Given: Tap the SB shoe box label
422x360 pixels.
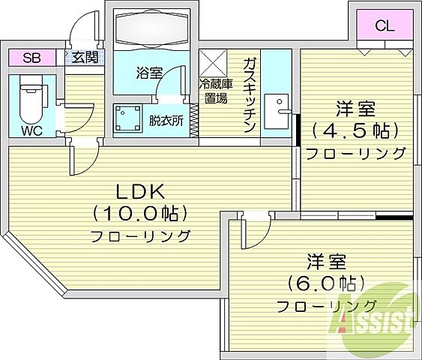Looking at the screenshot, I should pos(31,58).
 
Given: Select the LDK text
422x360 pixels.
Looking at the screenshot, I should pos(139,190).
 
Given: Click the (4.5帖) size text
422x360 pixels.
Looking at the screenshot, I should pos(355,130).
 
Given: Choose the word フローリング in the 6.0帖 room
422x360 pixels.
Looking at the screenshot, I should pos(325,306).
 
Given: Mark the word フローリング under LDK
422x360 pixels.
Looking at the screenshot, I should pos(140,235).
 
